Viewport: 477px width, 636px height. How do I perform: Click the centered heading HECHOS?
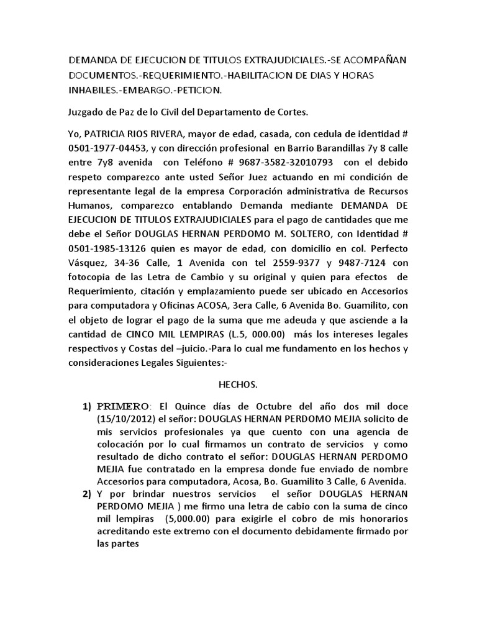[x=238, y=385]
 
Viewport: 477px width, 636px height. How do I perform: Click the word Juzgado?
[x=86, y=112]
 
